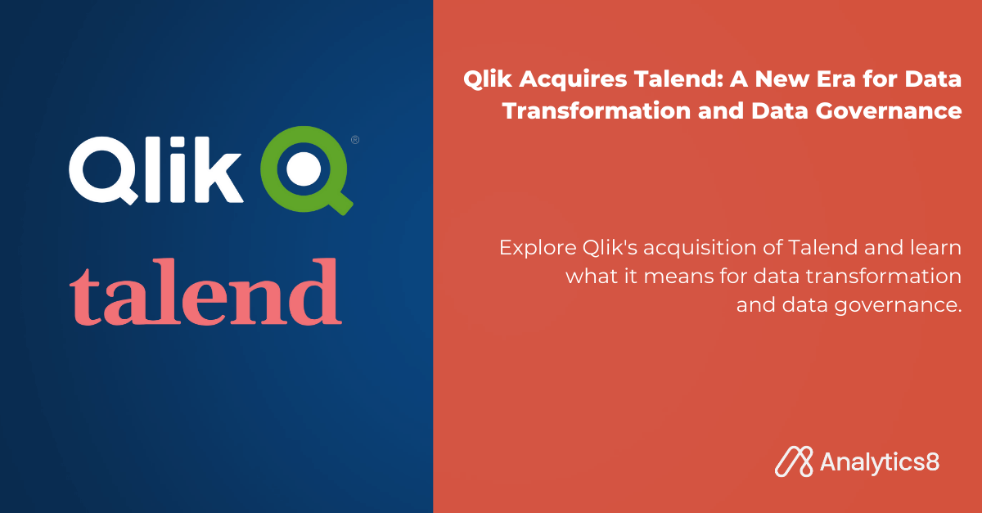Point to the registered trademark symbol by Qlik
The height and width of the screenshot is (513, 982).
tap(355, 140)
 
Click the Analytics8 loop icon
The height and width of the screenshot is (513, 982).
tap(792, 461)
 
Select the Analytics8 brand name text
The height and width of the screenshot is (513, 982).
tap(879, 461)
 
